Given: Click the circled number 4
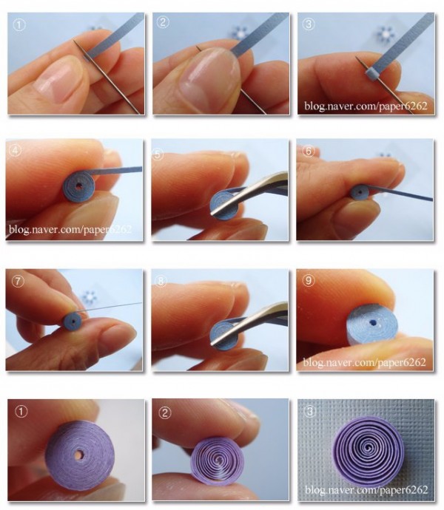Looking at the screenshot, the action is coord(16,151).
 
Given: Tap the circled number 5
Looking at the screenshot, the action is coord(158,154).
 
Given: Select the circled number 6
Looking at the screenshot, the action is coord(309,151).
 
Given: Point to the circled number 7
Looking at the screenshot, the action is coord(18,282).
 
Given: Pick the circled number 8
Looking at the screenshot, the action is coord(161,282).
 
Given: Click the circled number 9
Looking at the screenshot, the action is coord(309,280).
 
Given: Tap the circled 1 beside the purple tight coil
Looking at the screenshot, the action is coord(21,412).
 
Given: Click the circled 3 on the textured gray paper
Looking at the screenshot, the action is coord(309,412).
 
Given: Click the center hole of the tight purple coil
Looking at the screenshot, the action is coord(79,455).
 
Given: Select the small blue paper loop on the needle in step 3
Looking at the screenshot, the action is coord(371,74).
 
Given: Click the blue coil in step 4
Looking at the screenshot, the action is coord(79,188).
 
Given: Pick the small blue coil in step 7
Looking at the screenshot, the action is coord(73,322).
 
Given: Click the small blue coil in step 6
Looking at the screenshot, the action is coord(360,192).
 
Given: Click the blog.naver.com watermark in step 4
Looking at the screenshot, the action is coord(70,230).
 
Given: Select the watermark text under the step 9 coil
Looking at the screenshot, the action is coord(364,362).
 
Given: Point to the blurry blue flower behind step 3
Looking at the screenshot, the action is coord(386,35).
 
